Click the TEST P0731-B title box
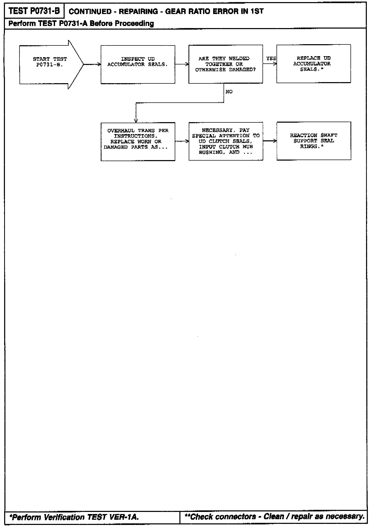pos(34,11)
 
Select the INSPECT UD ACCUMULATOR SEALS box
pos(138,64)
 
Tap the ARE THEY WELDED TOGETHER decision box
pos(226,64)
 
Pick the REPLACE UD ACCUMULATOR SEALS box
pos(314,64)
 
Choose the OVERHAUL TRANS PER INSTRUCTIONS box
pos(138,141)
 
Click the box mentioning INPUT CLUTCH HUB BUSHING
pos(226,141)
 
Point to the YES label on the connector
pos(271,59)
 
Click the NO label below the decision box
pos(229,92)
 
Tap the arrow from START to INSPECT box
pos(92,64)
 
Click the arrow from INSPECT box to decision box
pos(182,64)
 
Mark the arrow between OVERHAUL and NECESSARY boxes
pos(182,141)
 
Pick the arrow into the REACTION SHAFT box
pos(270,141)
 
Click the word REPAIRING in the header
pos(136,12)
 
